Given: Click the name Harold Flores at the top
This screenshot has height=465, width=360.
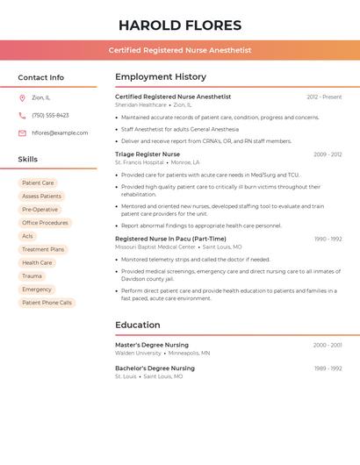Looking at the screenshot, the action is coord(180,25).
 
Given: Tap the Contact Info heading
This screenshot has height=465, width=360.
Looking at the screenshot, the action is coord(40,77).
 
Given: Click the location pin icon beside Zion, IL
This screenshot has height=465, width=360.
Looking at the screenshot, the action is coord(22,97).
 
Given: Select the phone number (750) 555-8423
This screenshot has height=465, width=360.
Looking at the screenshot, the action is coord(50,115).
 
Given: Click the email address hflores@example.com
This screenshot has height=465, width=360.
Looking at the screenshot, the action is coord(60,132).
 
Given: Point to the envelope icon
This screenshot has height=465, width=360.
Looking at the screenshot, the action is coord(22,132).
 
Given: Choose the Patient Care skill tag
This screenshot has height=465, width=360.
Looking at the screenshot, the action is coord(38,183).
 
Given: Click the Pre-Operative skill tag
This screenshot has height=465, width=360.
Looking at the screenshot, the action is coord(40,210).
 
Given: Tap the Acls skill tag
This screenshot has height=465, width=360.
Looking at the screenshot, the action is coord(28,236).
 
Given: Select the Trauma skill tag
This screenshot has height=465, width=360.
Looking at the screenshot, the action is coord(32,275).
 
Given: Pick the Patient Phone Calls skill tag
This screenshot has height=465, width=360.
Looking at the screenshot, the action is coord(47,303).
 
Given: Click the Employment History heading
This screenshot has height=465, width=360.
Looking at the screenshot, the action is coord(161,76).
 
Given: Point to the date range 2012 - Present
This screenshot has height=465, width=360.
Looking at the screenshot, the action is coord(324,97).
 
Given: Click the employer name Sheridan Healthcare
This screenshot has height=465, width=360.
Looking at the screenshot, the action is coord(140,104).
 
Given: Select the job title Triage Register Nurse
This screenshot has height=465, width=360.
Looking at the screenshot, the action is coord(148,154).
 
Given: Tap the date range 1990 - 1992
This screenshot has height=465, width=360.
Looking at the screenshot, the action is coord(328,239).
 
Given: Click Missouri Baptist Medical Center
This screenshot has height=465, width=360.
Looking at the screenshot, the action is coord(155,247).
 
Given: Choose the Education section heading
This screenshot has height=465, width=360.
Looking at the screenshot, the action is coord(137,325).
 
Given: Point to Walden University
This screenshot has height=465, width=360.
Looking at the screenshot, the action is coord(138,353).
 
